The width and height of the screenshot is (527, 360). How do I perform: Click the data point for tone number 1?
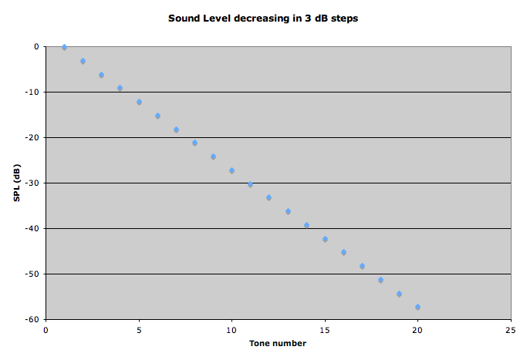pyautogui.click(x=64, y=47)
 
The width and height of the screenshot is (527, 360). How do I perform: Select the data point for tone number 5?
pyautogui.click(x=139, y=102)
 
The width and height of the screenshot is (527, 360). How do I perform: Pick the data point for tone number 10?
pyautogui.click(x=231, y=170)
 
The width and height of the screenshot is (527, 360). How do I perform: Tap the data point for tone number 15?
pyautogui.click(x=325, y=239)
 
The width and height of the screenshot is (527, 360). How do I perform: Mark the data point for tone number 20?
pyautogui.click(x=417, y=307)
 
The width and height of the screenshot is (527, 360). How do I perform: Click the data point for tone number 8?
pyautogui.click(x=194, y=143)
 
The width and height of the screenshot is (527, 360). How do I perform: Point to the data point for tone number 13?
pyautogui.click(x=288, y=211)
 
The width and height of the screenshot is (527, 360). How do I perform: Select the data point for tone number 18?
pyautogui.click(x=380, y=280)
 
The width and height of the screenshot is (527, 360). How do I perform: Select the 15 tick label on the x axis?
pyautogui.click(x=325, y=330)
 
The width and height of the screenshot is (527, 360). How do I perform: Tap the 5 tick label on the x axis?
pyautogui.click(x=139, y=330)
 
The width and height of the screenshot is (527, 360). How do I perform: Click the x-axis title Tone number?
pyautogui.click(x=279, y=343)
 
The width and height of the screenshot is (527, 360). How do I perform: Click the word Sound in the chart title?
pyautogui.click(x=184, y=18)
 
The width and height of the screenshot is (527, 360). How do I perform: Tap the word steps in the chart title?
pyautogui.click(x=345, y=18)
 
